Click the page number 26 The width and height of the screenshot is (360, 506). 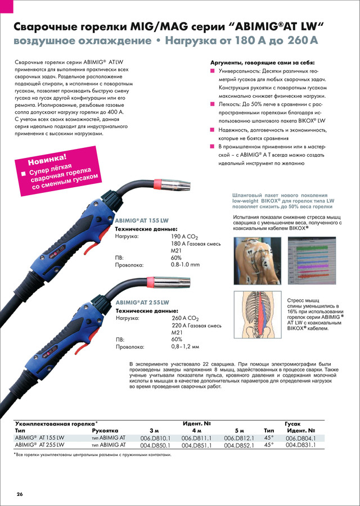pos(20,494)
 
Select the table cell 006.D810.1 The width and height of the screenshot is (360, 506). pos(155,438)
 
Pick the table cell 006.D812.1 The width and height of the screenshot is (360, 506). pos(239,438)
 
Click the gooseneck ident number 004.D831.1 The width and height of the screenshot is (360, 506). pos(301,445)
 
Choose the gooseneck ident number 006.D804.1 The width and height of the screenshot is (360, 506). pos(301,438)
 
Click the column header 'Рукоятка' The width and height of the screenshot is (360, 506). pos(105,430)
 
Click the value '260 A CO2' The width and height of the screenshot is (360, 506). pos(187,318)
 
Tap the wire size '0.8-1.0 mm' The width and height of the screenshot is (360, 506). pos(185,264)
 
